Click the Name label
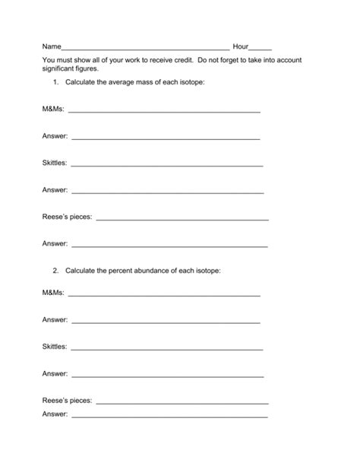click(52, 46)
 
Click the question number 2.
click(55, 271)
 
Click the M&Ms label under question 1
click(54, 109)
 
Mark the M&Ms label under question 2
click(54, 293)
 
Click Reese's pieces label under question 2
click(67, 400)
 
